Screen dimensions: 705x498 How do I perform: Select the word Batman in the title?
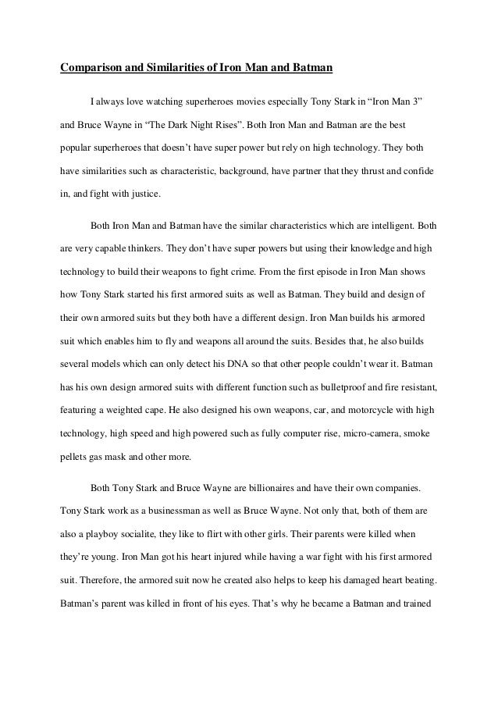coord(311,68)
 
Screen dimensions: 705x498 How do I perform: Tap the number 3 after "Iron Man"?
coord(414,101)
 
